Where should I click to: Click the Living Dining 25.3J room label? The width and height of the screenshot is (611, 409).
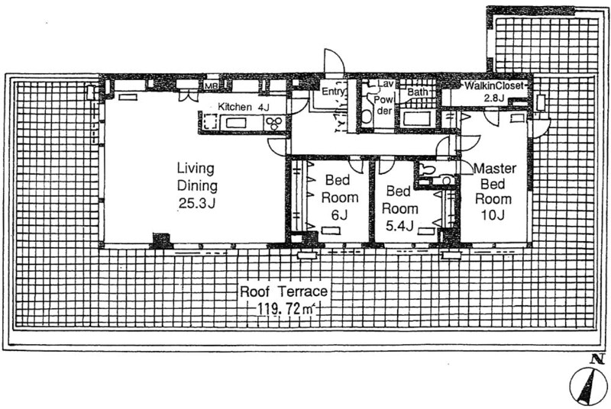pos(197,185)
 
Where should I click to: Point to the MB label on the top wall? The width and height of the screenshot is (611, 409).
pos(212,85)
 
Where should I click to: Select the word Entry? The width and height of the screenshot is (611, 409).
pos(333,92)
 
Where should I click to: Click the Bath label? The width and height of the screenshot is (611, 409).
pos(417,92)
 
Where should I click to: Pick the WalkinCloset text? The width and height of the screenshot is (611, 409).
pos(492,85)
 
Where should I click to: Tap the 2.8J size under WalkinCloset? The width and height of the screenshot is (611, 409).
pos(494,98)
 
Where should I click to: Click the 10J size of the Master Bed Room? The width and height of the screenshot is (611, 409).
pos(493,214)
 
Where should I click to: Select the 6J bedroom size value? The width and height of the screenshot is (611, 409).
pos(338,214)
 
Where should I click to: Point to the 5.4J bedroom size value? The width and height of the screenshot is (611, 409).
pos(399,226)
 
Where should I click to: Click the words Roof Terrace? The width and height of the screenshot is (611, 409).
pos(283,291)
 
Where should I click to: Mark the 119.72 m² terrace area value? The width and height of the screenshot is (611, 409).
pos(286,309)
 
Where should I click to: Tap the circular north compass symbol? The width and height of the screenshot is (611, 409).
pos(588,385)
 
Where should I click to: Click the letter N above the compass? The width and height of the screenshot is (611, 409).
pos(595,359)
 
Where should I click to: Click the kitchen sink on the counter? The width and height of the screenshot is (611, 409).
pos(236,123)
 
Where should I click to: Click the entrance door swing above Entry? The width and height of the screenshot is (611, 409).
pos(334,62)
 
